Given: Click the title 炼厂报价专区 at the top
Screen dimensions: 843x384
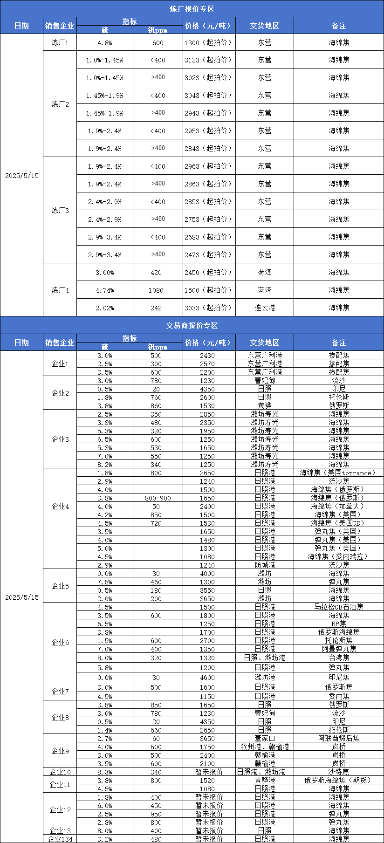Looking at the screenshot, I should pyautogui.click(x=192, y=9).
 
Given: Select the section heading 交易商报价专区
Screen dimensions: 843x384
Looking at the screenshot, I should pyautogui.click(x=192, y=325).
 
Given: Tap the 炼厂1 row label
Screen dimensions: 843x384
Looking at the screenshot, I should pyautogui.click(x=60, y=42).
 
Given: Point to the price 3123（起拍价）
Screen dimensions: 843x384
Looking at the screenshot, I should pyautogui.click(x=207, y=60).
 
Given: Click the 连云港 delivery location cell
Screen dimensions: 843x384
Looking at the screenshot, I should pyautogui.click(x=264, y=308).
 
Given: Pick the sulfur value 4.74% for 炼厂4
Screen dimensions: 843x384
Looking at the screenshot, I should pyautogui.click(x=104, y=290).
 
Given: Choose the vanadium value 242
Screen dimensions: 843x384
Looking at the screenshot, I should pyautogui.click(x=156, y=308).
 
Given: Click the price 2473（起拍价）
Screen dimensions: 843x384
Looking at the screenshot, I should pyautogui.click(x=207, y=254).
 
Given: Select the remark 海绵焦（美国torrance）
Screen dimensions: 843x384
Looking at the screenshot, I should pyautogui.click(x=338, y=473).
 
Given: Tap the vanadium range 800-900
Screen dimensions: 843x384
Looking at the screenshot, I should pyautogui.click(x=158, y=498).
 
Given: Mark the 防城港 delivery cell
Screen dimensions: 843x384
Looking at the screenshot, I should pyautogui.click(x=264, y=565).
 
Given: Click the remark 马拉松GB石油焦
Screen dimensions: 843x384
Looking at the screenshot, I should pyautogui.click(x=338, y=607).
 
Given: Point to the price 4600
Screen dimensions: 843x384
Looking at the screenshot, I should pyautogui.click(x=207, y=677).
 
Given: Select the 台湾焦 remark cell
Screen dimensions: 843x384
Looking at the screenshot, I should pyautogui.click(x=338, y=658).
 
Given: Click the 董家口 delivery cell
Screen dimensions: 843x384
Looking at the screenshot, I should pyautogui.click(x=264, y=738).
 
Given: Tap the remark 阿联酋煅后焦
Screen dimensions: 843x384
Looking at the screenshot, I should pyautogui.click(x=338, y=738).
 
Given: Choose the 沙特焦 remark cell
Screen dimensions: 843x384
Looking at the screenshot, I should pyautogui.click(x=338, y=772).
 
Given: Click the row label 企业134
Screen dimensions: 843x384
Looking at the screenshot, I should pyautogui.click(x=60, y=839).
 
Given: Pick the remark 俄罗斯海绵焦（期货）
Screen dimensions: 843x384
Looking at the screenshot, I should pyautogui.click(x=338, y=780).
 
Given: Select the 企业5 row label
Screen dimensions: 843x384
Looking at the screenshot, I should pyautogui.click(x=60, y=586).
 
